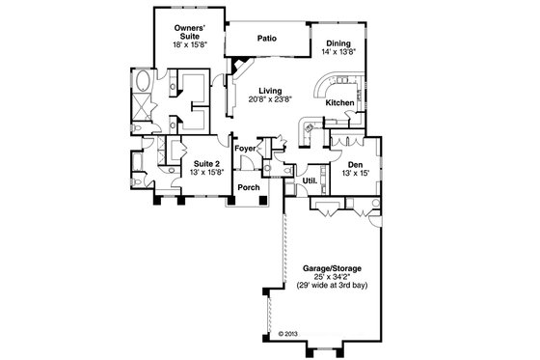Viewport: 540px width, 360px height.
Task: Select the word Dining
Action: tap(338, 42)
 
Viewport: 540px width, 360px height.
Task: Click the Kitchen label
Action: tap(339, 102)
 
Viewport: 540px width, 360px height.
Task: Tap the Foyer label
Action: tap(244, 149)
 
